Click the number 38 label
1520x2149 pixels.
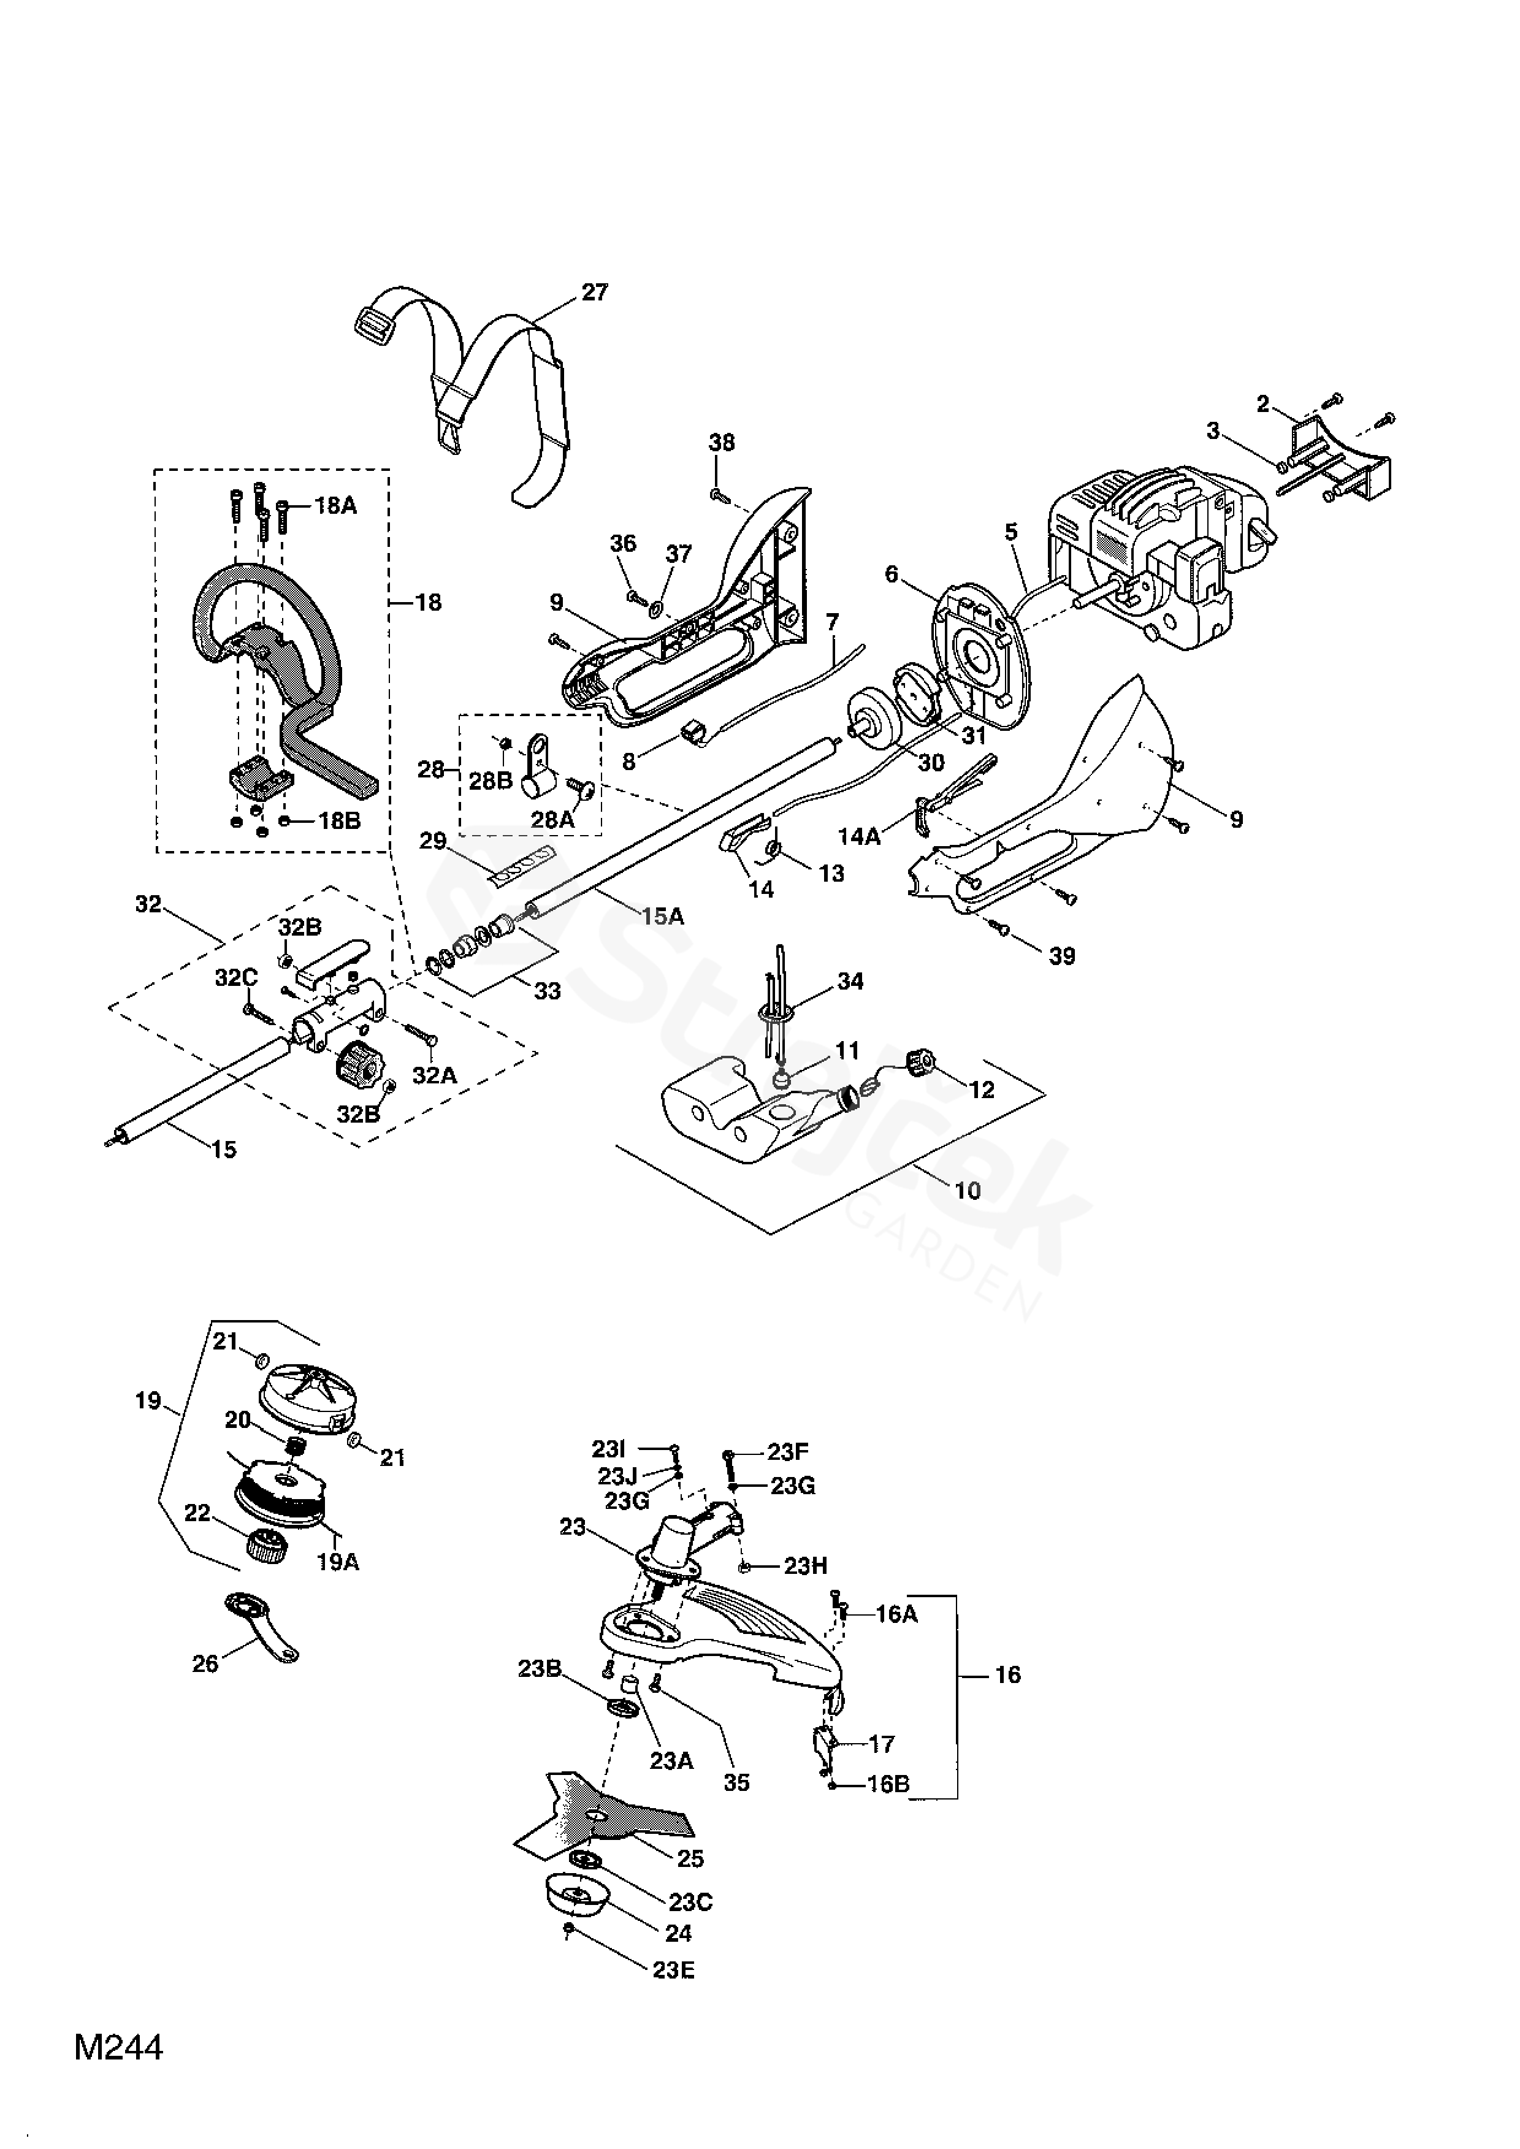(722, 442)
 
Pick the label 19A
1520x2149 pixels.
(338, 1562)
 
